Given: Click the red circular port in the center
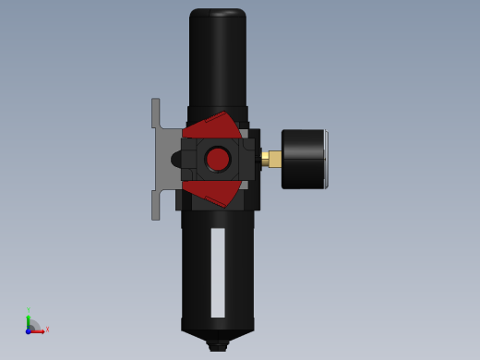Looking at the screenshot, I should (218, 160).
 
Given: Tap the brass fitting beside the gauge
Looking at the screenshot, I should (272, 159).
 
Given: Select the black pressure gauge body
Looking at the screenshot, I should (302, 159).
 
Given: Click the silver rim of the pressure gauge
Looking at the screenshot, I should (326, 159).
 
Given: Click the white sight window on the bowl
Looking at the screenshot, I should (218, 272).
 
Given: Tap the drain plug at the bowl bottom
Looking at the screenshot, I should (218, 346).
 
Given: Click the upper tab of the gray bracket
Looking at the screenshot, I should (156, 113).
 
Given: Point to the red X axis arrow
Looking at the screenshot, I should (38, 330).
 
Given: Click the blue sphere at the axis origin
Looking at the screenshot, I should (29, 330).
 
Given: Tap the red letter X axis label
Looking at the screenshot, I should (47, 329).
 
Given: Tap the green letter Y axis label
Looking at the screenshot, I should (29, 309).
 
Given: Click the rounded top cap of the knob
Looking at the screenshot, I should (218, 14).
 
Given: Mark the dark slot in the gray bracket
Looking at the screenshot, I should (175, 160).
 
